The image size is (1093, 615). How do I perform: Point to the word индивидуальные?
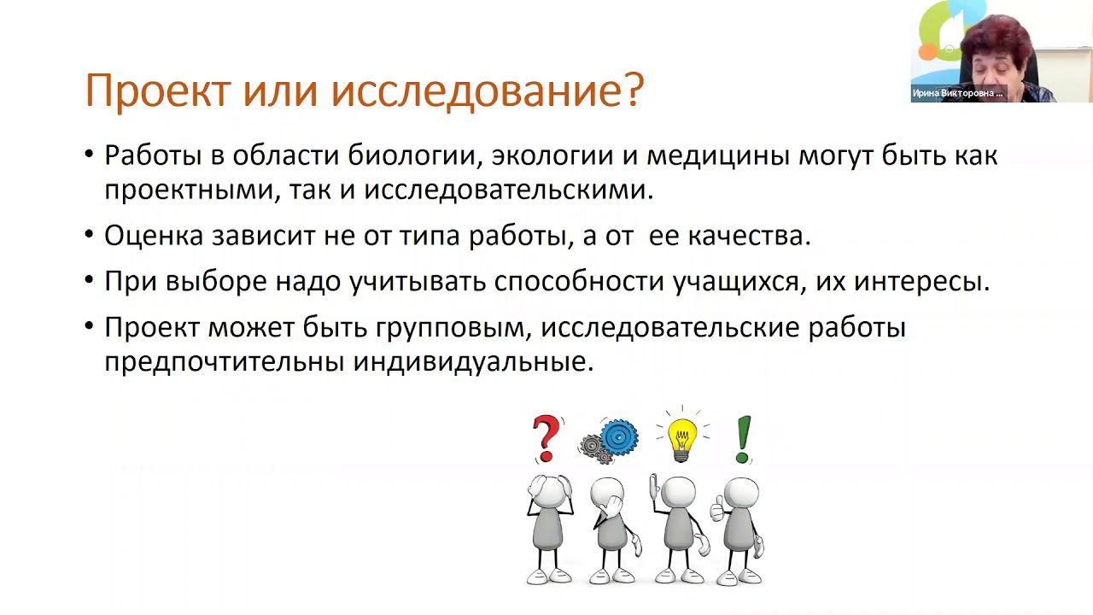coord(472,361)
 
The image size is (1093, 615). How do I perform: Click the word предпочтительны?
coord(224,361)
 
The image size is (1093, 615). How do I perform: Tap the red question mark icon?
coord(546,438)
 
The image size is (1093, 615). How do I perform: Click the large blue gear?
coord(619,436)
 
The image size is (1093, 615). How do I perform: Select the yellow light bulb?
coord(681,436)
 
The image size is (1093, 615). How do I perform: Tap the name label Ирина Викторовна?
coord(957,94)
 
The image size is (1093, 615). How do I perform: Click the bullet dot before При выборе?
coord(90,282)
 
